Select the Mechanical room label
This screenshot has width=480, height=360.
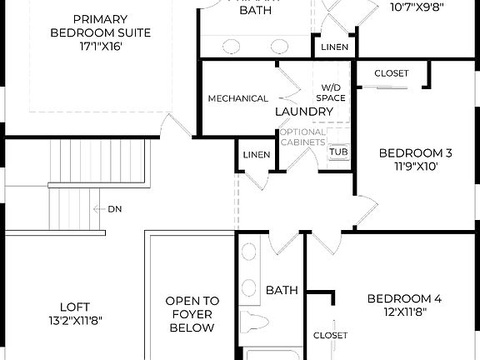(238, 99)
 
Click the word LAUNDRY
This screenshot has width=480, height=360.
(304, 111)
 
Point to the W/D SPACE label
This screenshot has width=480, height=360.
(333, 92)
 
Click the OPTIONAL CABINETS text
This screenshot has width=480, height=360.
(302, 137)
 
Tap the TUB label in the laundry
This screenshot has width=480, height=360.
(338, 152)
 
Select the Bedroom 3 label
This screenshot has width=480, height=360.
(415, 152)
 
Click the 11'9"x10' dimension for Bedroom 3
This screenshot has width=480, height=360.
(415, 166)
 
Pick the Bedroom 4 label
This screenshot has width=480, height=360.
(404, 298)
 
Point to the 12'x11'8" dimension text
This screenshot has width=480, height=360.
(404, 312)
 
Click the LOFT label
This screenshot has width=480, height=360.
(75, 306)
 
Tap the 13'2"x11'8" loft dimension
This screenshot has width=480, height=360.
(75, 319)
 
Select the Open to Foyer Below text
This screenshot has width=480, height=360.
(192, 314)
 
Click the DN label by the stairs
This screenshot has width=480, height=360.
(114, 209)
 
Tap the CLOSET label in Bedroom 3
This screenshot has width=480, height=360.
(391, 73)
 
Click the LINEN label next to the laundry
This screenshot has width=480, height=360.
(257, 155)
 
